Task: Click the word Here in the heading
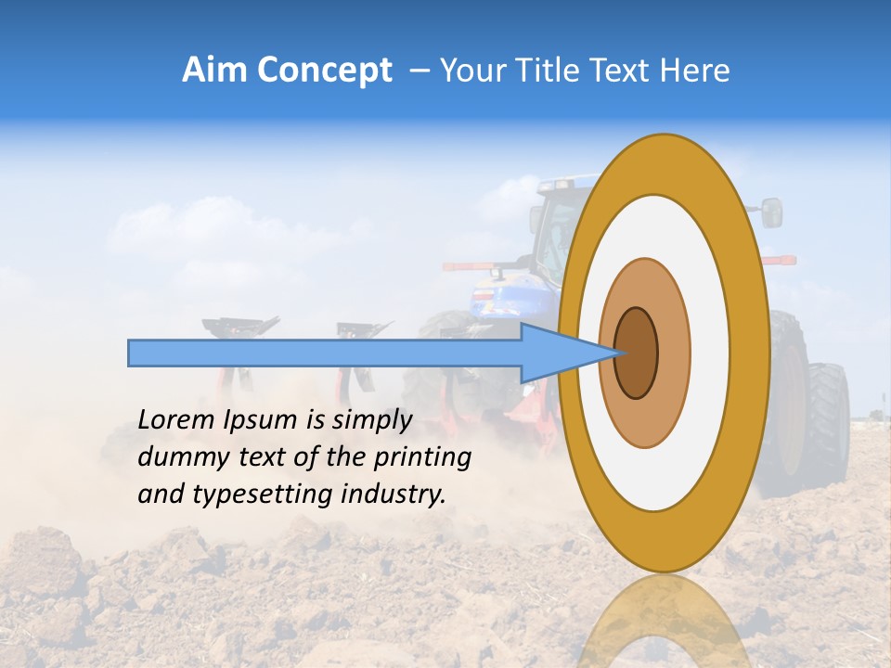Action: coord(695,71)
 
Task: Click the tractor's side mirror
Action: coord(772,212)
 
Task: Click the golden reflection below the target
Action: coord(663,626)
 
